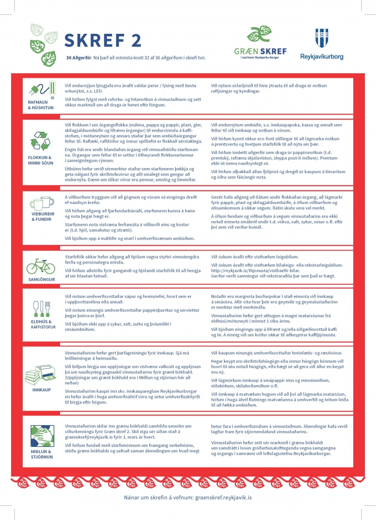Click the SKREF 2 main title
click(102, 41)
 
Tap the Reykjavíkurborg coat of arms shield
click(321, 38)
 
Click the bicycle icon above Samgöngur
click(38, 266)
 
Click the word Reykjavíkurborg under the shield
click(321, 57)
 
